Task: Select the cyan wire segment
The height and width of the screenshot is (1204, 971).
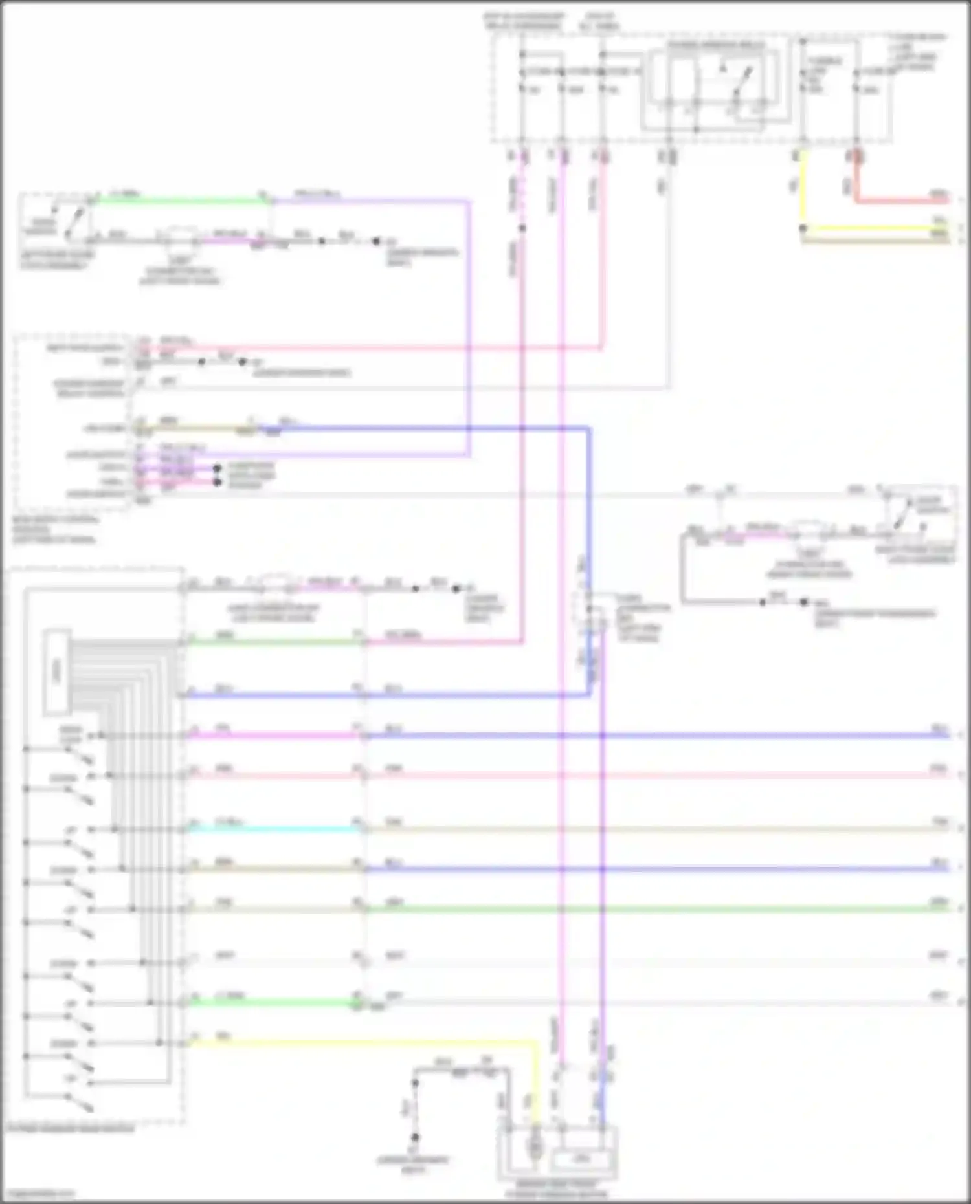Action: coord(272,829)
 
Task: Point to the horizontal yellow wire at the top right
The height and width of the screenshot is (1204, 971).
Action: coord(880,228)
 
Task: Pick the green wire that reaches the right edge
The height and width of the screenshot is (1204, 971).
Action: coord(647,909)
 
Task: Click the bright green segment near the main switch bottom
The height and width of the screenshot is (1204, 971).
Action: coord(272,1003)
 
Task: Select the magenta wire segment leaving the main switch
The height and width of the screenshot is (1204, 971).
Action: coord(272,736)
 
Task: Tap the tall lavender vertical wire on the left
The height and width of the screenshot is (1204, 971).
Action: coord(469,323)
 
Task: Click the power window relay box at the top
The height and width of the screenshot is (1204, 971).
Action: coord(715,84)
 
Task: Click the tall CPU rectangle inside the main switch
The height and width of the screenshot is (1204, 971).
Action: coord(57,673)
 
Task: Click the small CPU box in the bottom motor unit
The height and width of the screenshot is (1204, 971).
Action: coord(581,1160)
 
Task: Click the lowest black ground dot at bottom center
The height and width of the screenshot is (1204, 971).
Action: coord(415,1137)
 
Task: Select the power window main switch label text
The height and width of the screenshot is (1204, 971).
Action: coord(71,1129)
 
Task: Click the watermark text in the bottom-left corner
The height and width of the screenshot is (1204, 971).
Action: coord(39,1194)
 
